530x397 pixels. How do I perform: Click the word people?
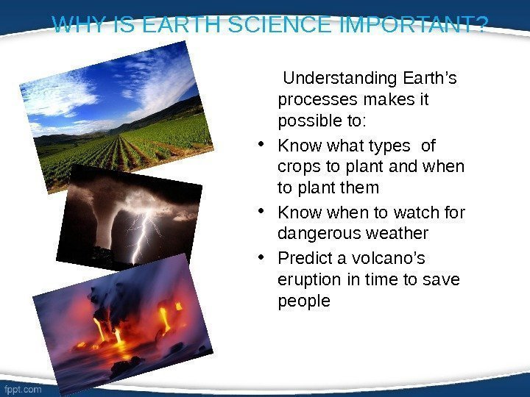tap(304, 301)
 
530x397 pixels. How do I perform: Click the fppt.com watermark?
tap(23, 390)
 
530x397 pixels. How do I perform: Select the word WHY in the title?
tap(78, 26)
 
